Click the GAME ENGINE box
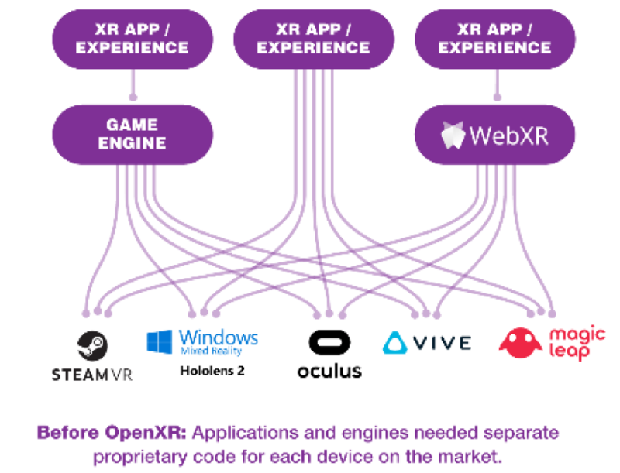[132, 135]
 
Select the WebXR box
[495, 135]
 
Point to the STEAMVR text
[91, 375]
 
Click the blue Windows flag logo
[160, 341]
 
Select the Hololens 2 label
[212, 370]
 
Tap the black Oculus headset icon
[329, 343]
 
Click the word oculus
[329, 371]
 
